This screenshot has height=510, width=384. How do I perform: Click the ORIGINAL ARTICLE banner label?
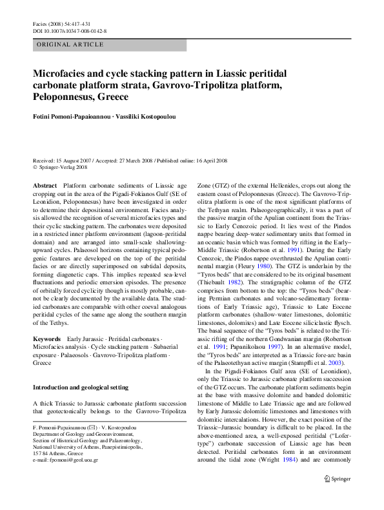pos(71,44)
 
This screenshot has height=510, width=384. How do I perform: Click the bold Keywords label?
pos(47,338)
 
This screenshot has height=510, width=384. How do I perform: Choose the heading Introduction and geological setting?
pos(81,387)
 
